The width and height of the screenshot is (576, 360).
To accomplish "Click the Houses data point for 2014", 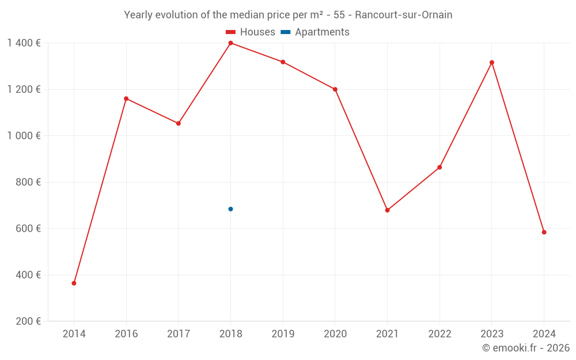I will (x=74, y=283).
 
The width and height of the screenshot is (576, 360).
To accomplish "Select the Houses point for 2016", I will (x=126, y=98).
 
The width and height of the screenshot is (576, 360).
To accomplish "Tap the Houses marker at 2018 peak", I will (x=230, y=43).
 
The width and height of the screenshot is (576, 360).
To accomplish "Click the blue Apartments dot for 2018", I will (x=230, y=209).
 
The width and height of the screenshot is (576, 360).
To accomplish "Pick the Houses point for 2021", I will (x=387, y=210).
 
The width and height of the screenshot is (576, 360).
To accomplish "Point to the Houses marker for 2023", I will (x=491, y=62).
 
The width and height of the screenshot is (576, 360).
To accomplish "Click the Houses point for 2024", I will (x=544, y=232).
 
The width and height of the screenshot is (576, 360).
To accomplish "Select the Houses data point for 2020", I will (x=335, y=89).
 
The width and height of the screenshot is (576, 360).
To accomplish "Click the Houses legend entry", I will (x=251, y=32).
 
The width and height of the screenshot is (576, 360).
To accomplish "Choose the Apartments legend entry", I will (x=315, y=32).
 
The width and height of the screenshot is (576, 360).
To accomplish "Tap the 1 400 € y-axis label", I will (x=24, y=43).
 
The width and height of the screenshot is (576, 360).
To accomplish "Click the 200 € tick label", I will (x=27, y=321).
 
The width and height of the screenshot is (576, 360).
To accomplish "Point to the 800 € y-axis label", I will (x=27, y=182).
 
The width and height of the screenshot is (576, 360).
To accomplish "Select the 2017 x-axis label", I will (x=178, y=334).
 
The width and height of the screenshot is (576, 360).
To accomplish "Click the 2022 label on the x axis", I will (x=439, y=334).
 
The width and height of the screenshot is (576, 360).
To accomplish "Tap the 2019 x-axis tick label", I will (x=283, y=334).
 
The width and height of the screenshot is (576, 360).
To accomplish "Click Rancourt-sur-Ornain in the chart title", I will (x=403, y=15).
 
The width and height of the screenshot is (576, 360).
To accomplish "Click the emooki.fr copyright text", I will (x=526, y=348).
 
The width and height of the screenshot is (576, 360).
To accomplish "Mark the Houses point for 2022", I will (x=439, y=168).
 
